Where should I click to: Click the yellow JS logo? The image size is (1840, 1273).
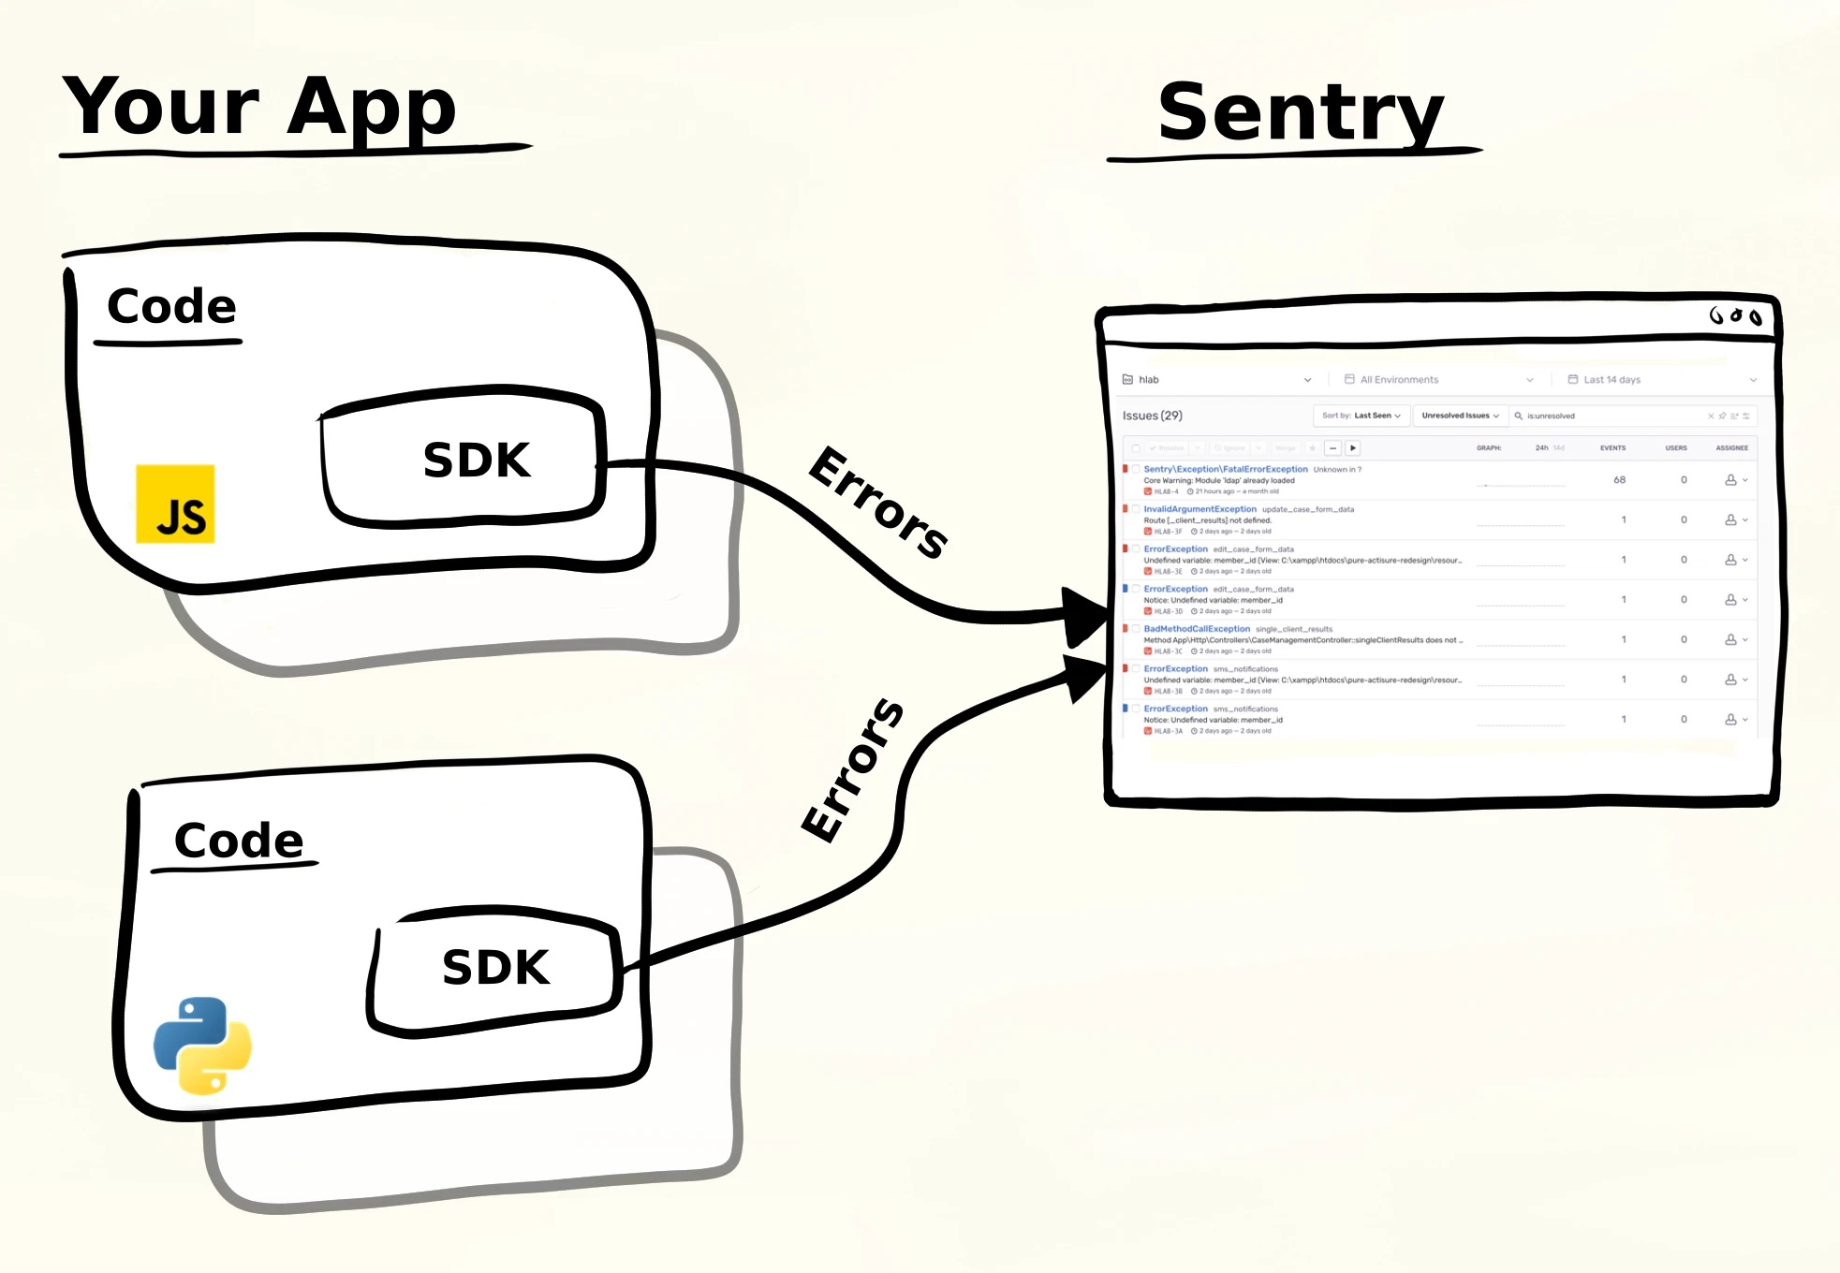[175, 504]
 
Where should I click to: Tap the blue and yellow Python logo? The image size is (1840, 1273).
[202, 1045]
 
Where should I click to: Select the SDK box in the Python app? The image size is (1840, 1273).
[495, 968]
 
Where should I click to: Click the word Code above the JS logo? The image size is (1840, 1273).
[171, 306]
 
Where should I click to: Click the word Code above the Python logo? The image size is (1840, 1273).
[239, 841]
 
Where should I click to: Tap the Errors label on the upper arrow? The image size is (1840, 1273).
[877, 503]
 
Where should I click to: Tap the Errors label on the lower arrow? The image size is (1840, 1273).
[853, 769]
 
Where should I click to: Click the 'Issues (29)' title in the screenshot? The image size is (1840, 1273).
[1152, 416]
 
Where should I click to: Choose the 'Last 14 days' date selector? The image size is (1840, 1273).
[1612, 380]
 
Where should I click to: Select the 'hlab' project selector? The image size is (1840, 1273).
[1149, 380]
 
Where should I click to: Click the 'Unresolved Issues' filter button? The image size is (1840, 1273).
[1459, 416]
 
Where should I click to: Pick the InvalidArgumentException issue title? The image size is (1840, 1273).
[1200, 509]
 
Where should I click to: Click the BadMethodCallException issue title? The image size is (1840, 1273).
[1197, 629]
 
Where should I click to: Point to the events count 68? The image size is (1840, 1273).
[1619, 480]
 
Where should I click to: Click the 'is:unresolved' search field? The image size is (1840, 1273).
[1611, 416]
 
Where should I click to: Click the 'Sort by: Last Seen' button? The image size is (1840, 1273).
[1361, 416]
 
